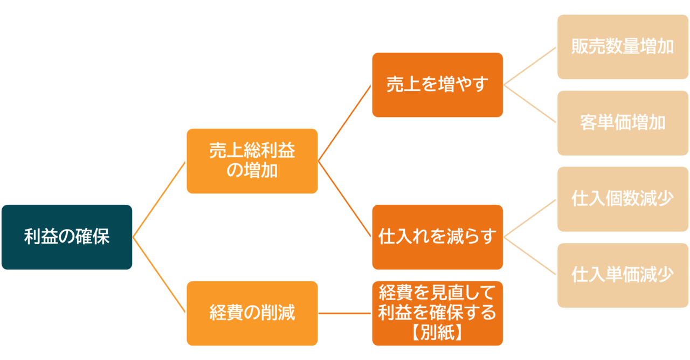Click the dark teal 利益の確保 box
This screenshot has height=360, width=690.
click(x=67, y=237)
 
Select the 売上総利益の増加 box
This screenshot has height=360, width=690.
click(x=252, y=161)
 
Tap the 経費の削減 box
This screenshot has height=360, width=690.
click(x=252, y=313)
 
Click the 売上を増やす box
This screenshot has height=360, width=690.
click(x=437, y=85)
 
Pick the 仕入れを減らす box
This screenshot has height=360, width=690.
click(x=437, y=237)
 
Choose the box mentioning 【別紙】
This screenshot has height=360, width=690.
click(x=437, y=313)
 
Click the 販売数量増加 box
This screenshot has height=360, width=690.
click(x=623, y=47)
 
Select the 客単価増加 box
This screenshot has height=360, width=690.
click(x=623, y=123)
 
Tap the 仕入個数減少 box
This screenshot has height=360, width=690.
click(x=623, y=199)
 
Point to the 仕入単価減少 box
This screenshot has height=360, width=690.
click(x=623, y=275)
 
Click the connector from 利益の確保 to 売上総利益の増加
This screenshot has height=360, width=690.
click(x=159, y=199)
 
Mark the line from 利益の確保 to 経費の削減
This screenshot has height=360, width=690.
click(x=159, y=275)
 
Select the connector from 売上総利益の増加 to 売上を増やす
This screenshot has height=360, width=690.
click(x=344, y=123)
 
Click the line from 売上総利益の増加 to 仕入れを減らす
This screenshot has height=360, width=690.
click(x=344, y=199)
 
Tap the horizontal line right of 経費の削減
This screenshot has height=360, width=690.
click(x=344, y=313)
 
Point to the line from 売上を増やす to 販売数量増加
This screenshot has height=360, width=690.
click(x=530, y=66)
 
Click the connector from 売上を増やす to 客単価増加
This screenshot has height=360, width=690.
click(x=530, y=104)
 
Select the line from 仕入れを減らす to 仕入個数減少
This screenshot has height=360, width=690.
click(x=530, y=218)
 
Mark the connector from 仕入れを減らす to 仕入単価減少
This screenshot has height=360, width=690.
click(x=530, y=256)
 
